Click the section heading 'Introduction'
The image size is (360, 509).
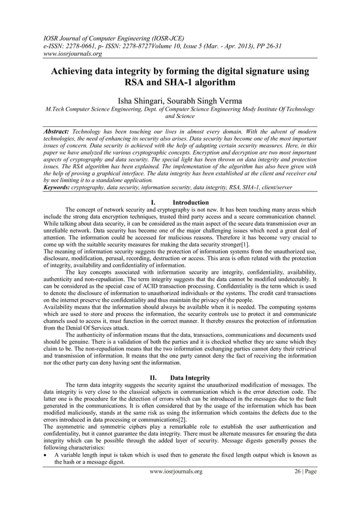coord(190,202)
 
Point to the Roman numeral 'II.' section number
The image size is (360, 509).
coord(152,378)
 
